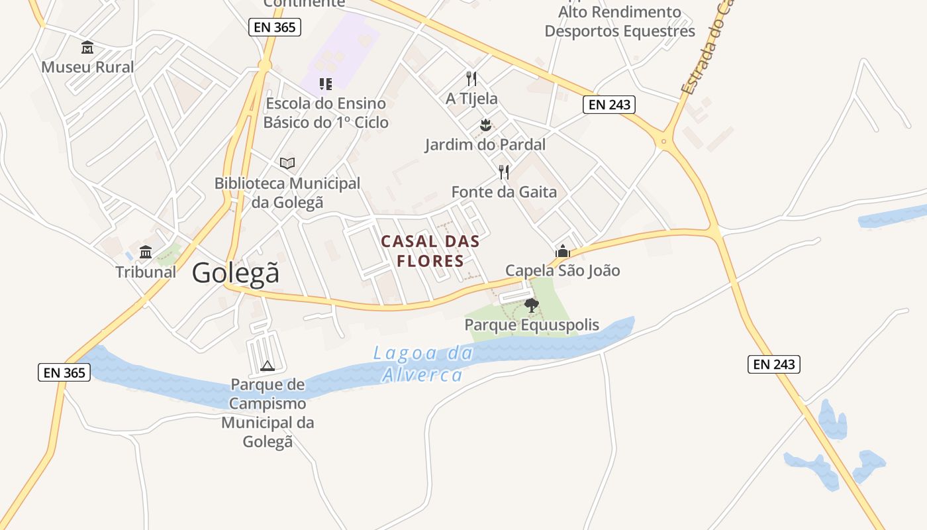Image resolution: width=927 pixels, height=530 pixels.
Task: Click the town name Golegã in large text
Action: point(236,273)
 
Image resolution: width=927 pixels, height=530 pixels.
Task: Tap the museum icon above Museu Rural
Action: point(87,48)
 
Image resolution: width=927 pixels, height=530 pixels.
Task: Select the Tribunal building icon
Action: point(146,252)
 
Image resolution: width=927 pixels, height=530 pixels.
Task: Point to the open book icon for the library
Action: point(287,163)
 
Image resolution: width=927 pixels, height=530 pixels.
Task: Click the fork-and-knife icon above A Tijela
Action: point(471,79)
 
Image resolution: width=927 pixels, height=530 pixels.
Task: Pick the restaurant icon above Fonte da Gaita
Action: point(504,172)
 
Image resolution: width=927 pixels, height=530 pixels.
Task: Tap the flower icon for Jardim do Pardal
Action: point(485,125)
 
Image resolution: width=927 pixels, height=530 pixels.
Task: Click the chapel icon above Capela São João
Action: point(563,251)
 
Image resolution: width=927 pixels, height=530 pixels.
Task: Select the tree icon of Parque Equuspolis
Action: point(531,305)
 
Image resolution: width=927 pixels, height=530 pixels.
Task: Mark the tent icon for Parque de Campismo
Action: point(268,366)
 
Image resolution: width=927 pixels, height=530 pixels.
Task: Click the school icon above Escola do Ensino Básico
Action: point(325,83)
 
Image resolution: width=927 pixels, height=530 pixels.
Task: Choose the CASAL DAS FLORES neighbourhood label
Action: point(430,251)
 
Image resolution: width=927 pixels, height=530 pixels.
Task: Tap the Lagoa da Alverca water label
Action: point(423,364)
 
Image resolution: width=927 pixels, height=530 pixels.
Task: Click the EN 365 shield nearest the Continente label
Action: point(275,27)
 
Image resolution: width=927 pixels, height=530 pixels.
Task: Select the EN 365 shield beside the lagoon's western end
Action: point(64,372)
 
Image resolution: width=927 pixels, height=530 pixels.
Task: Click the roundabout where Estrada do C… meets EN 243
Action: point(663,141)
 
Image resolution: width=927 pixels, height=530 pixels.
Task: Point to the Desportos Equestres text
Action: point(620,31)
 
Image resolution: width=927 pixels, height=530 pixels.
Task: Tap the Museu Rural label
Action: point(87,67)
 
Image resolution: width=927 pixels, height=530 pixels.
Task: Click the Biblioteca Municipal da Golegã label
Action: point(287,193)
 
